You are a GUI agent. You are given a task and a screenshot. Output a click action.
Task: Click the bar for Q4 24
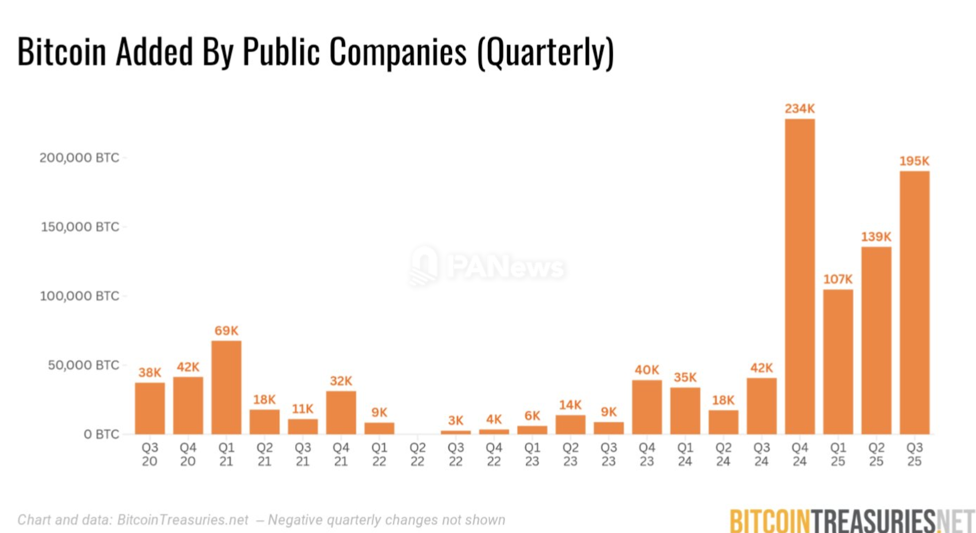[x=799, y=276]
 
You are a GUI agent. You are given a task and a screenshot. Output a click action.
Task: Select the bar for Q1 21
[x=226, y=387]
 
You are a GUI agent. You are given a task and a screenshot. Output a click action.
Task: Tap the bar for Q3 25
[x=914, y=303]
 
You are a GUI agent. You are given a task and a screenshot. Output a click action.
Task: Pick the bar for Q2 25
[x=876, y=340]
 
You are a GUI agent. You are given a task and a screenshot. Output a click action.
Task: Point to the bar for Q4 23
[x=647, y=407]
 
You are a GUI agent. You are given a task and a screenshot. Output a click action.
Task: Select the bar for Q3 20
[x=150, y=408]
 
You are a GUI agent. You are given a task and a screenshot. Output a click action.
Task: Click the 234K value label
[x=799, y=109]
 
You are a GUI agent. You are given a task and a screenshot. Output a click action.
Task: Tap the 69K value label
[x=226, y=331]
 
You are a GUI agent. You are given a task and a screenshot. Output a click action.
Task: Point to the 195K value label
[x=914, y=161]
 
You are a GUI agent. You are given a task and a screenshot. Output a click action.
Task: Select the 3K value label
[x=456, y=421]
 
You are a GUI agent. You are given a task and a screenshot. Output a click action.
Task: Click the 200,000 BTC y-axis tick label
[x=79, y=158]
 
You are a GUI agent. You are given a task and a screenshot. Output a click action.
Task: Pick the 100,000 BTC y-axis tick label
[x=79, y=296]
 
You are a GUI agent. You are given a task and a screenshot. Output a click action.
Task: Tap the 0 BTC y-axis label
[x=101, y=434]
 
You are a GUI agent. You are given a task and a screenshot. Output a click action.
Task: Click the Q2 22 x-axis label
[x=417, y=455]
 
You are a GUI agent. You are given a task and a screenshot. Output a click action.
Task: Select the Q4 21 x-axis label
[x=341, y=455]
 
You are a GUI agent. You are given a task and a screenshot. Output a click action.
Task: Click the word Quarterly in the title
[x=545, y=52]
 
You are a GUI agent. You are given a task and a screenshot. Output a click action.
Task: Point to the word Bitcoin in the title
[x=62, y=52]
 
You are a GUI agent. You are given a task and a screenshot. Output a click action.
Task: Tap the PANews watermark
[x=487, y=266]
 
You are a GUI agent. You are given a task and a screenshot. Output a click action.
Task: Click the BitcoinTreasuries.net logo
[x=852, y=520]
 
